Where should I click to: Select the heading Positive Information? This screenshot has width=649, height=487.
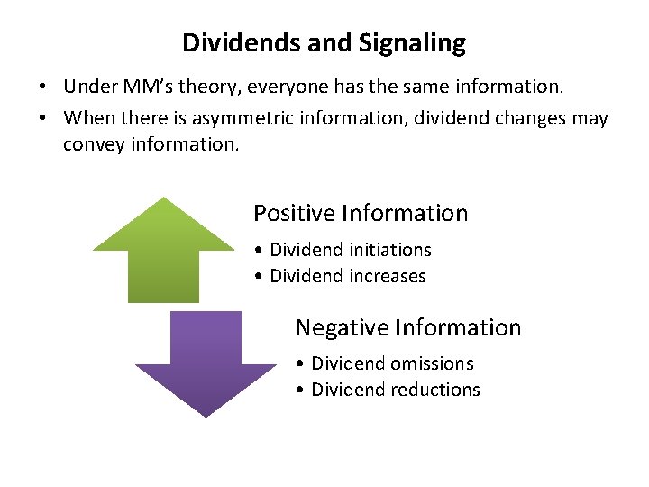tap(361, 214)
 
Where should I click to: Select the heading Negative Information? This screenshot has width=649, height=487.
tap(407, 327)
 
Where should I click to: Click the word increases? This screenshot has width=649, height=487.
tap(386, 276)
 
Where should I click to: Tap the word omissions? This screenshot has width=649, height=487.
tap(433, 363)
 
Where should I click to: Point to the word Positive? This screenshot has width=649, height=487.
tap(294, 214)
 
